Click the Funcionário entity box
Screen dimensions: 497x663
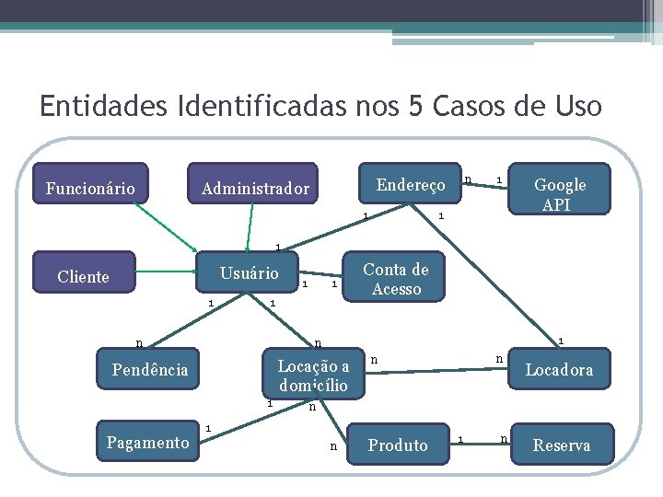pyautogui.click(x=90, y=189)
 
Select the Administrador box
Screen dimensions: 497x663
pyautogui.click(x=255, y=189)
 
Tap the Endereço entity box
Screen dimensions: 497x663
pyautogui.click(x=410, y=185)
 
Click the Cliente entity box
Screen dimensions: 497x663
pyautogui.click(x=83, y=276)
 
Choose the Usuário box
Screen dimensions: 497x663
pyautogui.click(x=249, y=273)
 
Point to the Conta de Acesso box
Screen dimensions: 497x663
pyautogui.click(x=395, y=279)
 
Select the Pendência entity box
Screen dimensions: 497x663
pyautogui.click(x=149, y=370)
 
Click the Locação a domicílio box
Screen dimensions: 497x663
pyautogui.click(x=313, y=375)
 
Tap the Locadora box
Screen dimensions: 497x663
pyautogui.click(x=559, y=370)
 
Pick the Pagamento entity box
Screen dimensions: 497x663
pyautogui.click(x=147, y=443)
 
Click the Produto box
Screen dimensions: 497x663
pyautogui.click(x=398, y=445)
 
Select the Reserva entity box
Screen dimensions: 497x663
pyautogui.click(x=562, y=445)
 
